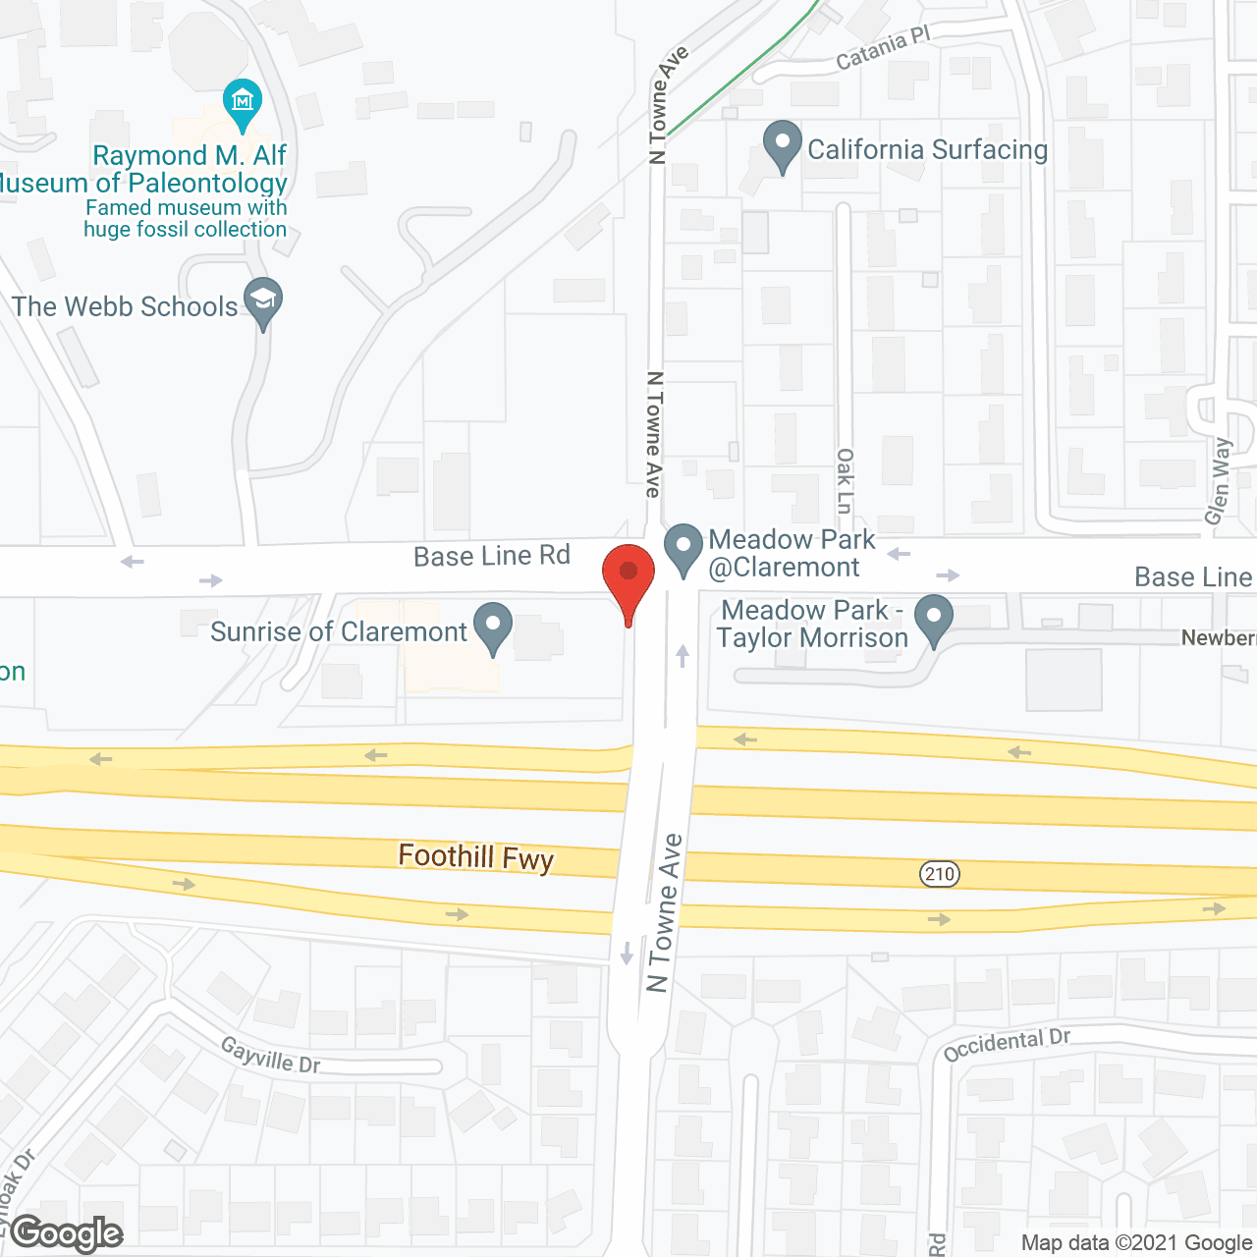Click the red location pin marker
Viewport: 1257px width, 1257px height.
[628, 576]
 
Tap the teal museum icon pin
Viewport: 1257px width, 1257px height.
[242, 101]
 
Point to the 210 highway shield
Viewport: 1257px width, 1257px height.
[940, 874]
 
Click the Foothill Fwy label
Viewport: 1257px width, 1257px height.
[476, 857]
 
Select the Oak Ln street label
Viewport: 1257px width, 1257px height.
[846, 480]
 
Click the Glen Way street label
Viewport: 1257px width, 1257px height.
[1219, 480]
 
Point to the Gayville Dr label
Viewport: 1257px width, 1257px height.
[270, 1055]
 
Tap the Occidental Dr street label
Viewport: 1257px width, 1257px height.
[1007, 1044]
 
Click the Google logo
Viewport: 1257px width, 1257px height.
[67, 1233]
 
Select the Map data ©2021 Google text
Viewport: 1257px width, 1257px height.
[1136, 1243]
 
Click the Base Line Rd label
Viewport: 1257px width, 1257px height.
[491, 556]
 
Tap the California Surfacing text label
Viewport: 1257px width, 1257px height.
[927, 149]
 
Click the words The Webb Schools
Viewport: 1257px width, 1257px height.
[125, 306]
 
